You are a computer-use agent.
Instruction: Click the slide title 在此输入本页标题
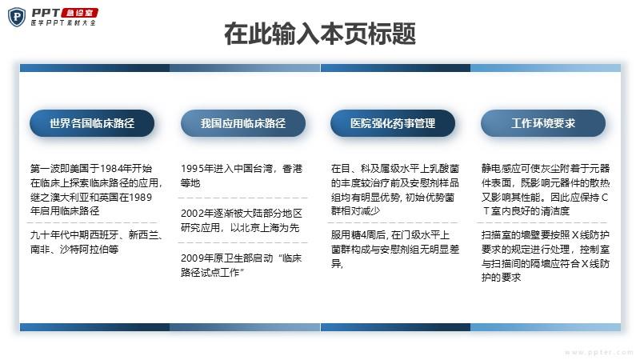click(320, 34)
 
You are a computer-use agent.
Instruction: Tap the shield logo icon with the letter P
click(17, 17)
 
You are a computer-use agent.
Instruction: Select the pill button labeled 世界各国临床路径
click(92, 123)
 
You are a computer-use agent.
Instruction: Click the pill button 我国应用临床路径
click(243, 123)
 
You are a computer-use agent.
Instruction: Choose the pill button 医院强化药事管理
click(393, 123)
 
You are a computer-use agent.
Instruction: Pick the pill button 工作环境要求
click(543, 123)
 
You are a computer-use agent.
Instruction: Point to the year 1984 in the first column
click(110, 169)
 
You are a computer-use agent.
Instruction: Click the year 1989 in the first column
click(141, 197)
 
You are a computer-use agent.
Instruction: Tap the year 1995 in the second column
click(192, 169)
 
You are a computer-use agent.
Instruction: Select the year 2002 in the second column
click(192, 213)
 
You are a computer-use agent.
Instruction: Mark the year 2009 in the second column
click(192, 258)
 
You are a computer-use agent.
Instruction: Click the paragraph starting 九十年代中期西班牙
click(96, 242)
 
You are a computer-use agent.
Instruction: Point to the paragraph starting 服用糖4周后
click(395, 249)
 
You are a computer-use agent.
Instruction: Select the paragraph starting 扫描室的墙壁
click(546, 256)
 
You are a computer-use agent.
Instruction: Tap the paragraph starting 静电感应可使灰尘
click(546, 190)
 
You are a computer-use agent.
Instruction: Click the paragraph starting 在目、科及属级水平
click(395, 190)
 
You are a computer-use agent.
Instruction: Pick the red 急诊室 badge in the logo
click(79, 13)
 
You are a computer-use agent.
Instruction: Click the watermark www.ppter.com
click(598, 352)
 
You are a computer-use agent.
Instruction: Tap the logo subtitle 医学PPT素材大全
click(63, 23)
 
